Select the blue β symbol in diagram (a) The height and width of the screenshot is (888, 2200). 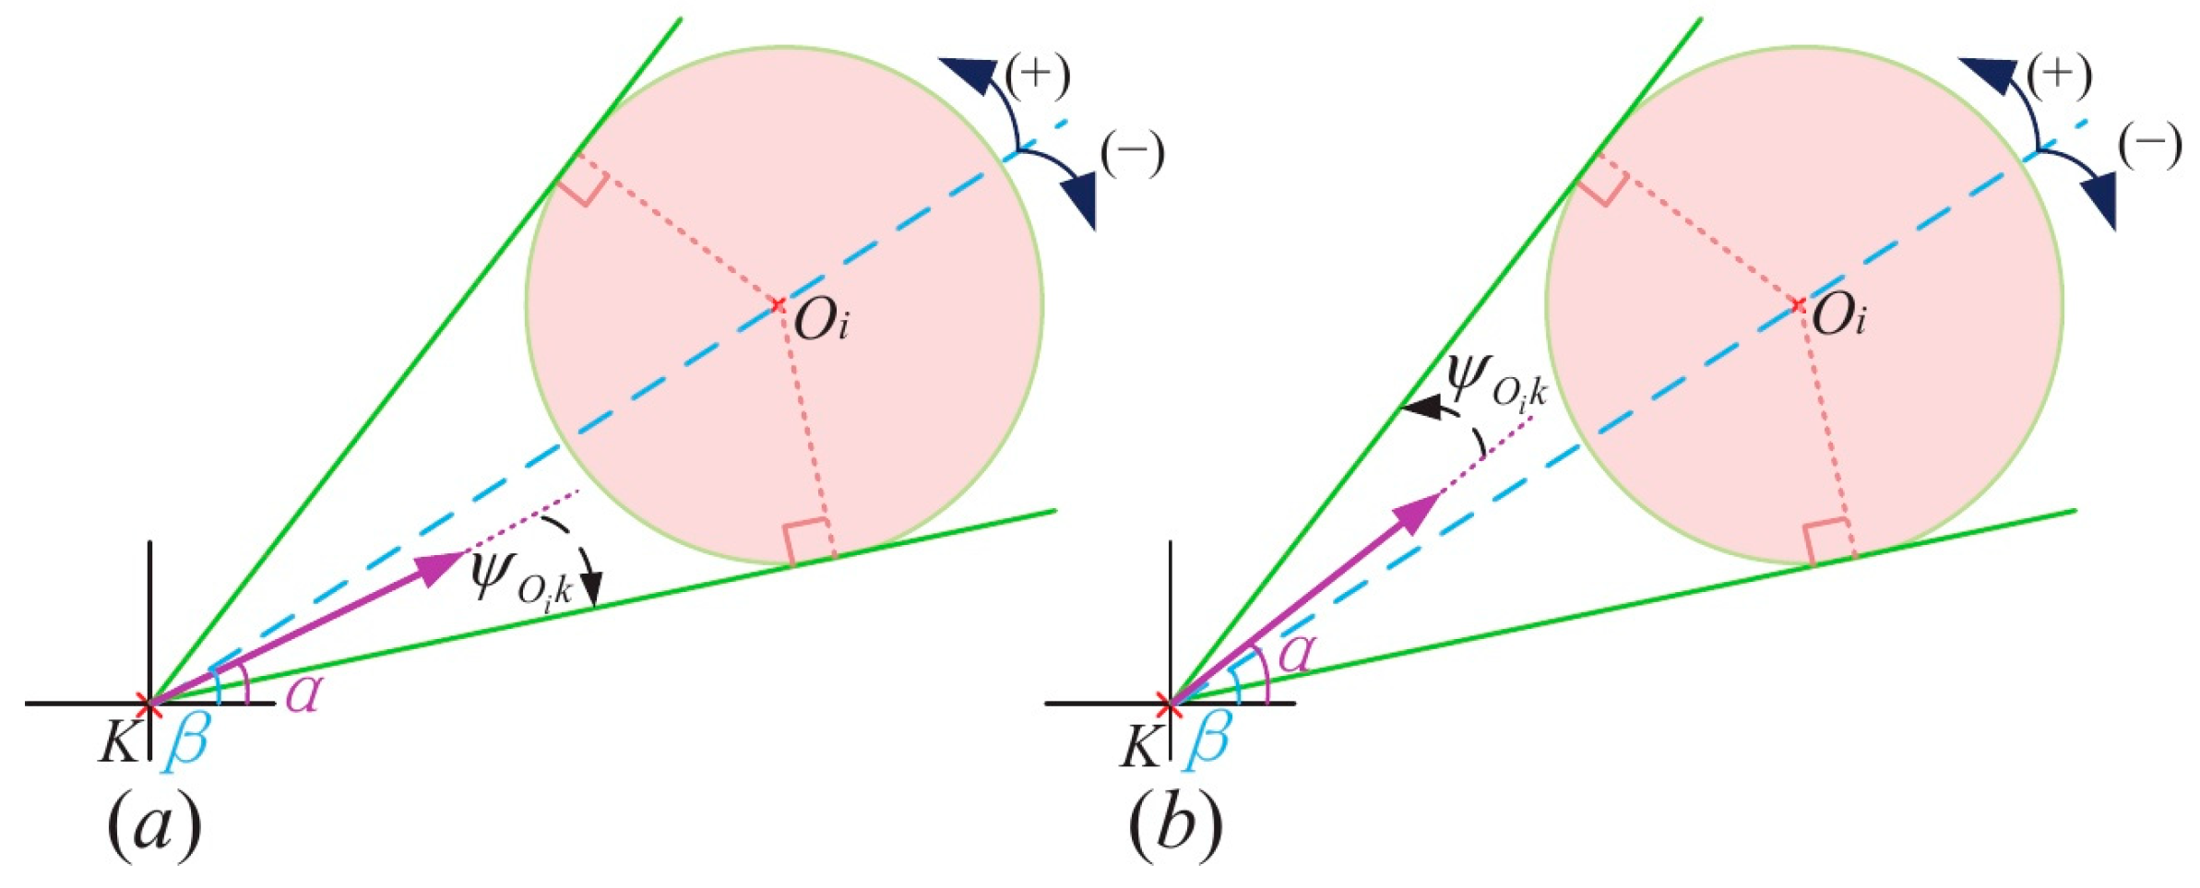187,743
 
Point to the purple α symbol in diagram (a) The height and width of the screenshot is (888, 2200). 303,693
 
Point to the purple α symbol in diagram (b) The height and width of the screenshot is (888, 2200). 1296,653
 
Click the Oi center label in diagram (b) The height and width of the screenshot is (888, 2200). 1838,316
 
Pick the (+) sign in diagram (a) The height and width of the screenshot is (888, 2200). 1038,75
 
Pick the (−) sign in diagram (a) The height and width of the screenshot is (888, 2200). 1133,153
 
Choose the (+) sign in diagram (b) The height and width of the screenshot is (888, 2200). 2059,75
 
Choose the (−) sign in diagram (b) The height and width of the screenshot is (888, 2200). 2150,147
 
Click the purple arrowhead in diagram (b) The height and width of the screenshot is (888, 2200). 1417,513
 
